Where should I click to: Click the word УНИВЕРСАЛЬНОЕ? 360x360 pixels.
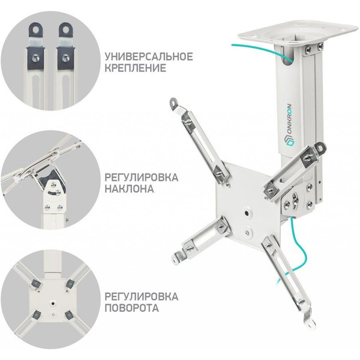pyautogui.click(x=149, y=57)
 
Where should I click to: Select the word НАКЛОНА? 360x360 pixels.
pyautogui.click(x=129, y=189)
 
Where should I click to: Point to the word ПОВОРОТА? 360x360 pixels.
pyautogui.click(x=131, y=308)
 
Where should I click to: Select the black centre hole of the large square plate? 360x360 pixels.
pyautogui.click(x=246, y=213)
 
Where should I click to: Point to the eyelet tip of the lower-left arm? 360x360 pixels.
pyautogui.click(x=178, y=256)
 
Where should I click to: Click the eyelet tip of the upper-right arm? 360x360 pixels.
pyautogui.click(x=320, y=147)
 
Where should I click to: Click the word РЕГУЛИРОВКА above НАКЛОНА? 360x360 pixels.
pyautogui.click(x=142, y=177)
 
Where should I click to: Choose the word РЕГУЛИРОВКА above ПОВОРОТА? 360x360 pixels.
pyautogui.click(x=142, y=296)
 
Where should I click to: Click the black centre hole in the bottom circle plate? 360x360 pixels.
pyautogui.click(x=53, y=303)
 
